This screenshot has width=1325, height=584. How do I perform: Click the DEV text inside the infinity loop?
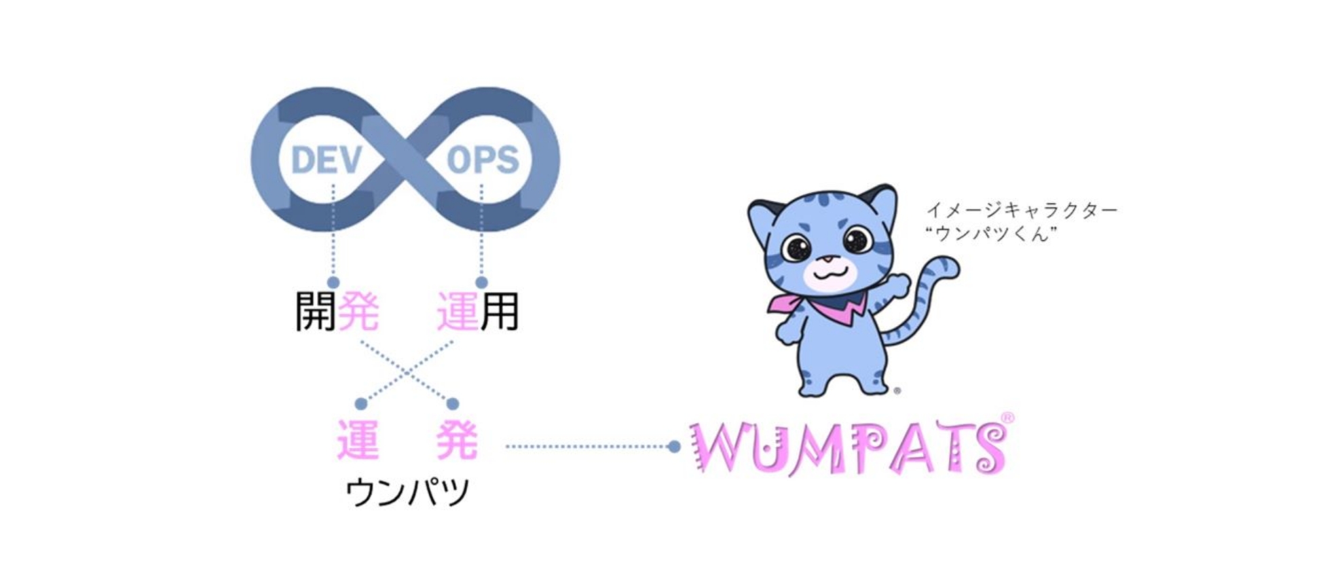(326, 160)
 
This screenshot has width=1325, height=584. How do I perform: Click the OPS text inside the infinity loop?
(483, 160)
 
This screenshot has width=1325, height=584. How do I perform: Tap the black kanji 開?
(316, 312)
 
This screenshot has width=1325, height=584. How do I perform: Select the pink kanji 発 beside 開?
(358, 312)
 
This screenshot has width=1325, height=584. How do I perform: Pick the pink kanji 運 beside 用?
(457, 312)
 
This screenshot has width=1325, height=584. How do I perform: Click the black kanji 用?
(500, 312)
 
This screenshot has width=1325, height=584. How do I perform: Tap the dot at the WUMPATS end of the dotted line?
(674, 447)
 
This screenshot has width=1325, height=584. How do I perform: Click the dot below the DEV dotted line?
(333, 282)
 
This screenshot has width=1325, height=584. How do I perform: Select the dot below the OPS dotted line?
(481, 282)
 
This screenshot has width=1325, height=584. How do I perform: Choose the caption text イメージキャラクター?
(1022, 211)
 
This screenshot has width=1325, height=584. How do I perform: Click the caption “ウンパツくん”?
(992, 234)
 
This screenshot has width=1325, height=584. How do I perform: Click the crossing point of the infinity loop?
(405, 160)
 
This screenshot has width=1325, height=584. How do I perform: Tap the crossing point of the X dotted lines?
(407, 372)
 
